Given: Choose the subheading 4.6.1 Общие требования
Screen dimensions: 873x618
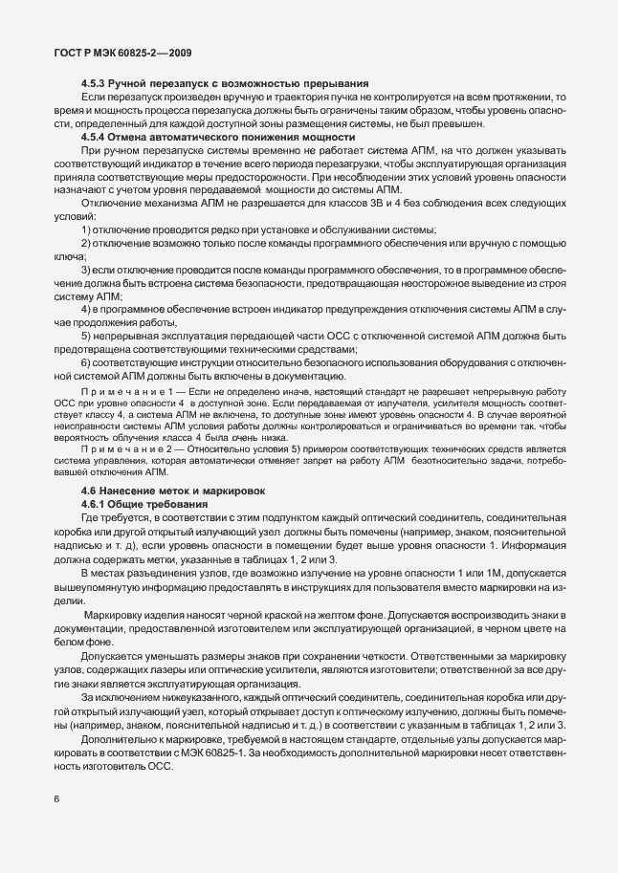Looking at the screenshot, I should [143, 503].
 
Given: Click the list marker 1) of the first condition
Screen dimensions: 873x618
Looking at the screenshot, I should [86, 231].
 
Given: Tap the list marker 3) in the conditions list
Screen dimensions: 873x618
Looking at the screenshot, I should [86, 271].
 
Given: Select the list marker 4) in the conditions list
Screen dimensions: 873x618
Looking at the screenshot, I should [86, 310].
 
